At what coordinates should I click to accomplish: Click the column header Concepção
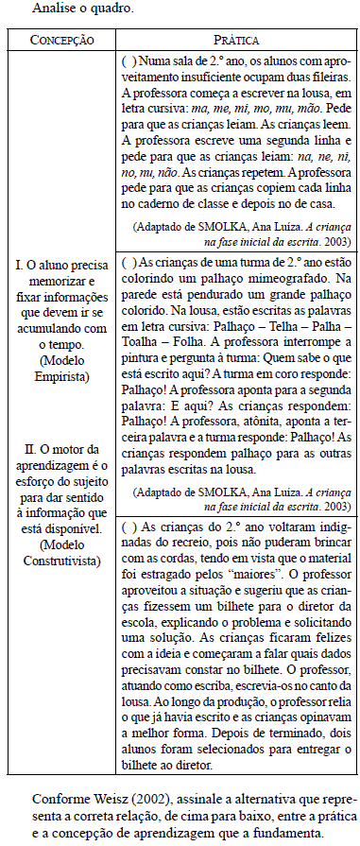click(x=62, y=42)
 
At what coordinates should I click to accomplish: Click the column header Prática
click(x=237, y=42)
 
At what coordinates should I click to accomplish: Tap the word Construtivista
click(x=62, y=561)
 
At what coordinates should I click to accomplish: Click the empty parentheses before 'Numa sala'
click(x=130, y=60)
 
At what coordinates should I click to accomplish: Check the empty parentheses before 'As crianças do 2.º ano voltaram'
click(x=130, y=526)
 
